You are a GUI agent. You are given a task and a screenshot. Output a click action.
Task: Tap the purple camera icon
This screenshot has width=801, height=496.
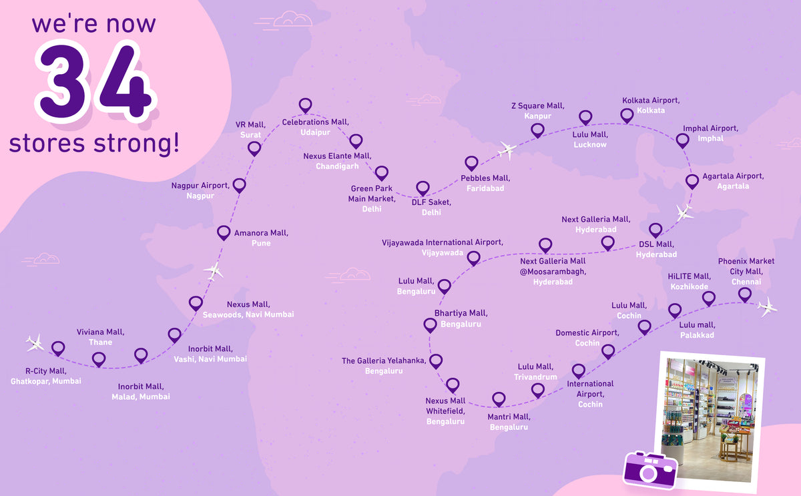point(649,467)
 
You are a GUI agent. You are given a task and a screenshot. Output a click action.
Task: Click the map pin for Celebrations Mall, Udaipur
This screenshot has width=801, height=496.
point(305,105)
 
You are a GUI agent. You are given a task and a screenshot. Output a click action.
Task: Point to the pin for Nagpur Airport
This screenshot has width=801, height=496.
point(239,185)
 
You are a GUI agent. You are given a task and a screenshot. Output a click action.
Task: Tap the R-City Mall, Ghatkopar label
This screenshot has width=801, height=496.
point(46,376)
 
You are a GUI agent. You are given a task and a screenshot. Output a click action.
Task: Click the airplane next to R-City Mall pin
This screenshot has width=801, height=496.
point(35,343)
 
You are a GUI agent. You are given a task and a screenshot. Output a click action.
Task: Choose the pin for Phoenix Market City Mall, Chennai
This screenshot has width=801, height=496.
point(745,294)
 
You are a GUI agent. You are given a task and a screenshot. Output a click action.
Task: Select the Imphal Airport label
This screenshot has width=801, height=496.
point(710,134)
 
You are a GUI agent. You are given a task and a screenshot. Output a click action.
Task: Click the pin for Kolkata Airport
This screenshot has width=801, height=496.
point(627,115)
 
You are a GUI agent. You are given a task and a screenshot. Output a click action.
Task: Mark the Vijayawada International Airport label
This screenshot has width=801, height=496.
point(443,248)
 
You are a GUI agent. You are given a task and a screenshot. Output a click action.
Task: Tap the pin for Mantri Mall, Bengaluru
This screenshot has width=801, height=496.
point(499,399)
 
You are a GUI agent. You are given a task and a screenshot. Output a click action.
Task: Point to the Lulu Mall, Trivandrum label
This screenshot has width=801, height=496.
point(535,372)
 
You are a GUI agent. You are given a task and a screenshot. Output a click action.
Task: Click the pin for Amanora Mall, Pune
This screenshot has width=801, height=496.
point(224,232)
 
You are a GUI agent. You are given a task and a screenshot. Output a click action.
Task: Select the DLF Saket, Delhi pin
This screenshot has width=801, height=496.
point(423,188)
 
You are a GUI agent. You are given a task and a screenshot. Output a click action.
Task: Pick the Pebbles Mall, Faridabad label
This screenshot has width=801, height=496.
point(485,183)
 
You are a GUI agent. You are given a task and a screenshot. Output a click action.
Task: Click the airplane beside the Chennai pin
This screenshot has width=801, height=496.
point(768,306)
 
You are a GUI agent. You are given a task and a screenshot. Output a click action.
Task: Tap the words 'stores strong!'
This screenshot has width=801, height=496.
point(94,143)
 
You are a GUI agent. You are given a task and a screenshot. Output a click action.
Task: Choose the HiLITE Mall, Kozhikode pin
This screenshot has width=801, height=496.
point(709,298)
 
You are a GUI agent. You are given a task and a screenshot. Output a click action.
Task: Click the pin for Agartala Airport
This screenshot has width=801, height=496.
point(693,180)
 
